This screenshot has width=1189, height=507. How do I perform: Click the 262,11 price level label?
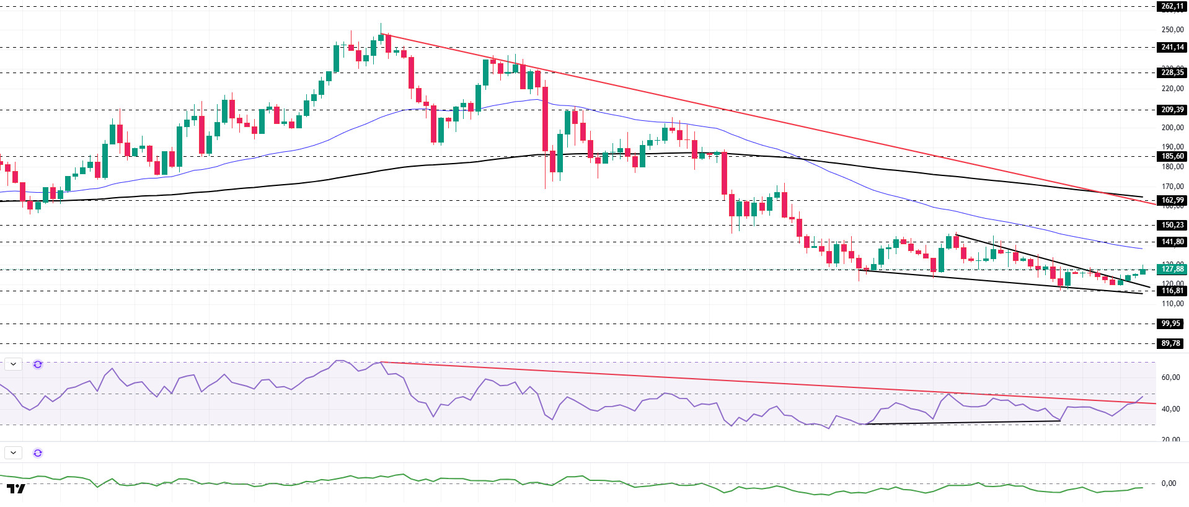pyautogui.click(x=1172, y=6)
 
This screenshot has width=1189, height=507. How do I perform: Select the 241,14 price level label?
pyautogui.click(x=1172, y=47)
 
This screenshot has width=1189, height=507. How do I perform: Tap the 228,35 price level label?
pyautogui.click(x=1172, y=73)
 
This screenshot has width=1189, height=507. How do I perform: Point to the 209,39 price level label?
pyautogui.click(x=1172, y=110)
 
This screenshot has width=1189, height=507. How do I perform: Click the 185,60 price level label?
pyautogui.click(x=1172, y=156)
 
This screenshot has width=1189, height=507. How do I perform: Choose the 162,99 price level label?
pyautogui.click(x=1172, y=200)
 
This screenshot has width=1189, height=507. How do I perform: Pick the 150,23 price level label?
pyautogui.click(x=1172, y=225)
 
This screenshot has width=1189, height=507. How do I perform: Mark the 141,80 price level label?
pyautogui.click(x=1172, y=242)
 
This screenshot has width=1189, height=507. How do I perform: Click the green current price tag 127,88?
pyautogui.click(x=1172, y=269)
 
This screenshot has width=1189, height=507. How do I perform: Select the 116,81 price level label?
pyautogui.click(x=1172, y=291)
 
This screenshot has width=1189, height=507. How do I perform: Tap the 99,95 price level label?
pyautogui.click(x=1170, y=324)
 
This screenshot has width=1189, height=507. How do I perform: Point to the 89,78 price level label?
pyautogui.click(x=1170, y=343)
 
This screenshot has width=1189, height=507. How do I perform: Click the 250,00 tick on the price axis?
pyautogui.click(x=1172, y=30)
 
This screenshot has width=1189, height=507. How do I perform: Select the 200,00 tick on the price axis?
pyautogui.click(x=1172, y=128)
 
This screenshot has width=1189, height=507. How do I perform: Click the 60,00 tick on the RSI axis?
pyautogui.click(x=1170, y=377)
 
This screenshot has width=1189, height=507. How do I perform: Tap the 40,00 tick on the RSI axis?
pyautogui.click(x=1170, y=409)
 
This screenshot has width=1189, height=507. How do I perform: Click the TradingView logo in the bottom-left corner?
pyautogui.click(x=16, y=489)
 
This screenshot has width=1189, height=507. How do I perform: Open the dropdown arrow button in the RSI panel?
pyautogui.click(x=13, y=364)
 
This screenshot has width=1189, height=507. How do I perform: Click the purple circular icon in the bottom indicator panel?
pyautogui.click(x=38, y=453)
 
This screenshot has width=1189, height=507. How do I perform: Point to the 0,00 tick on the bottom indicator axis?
pyautogui.click(x=1168, y=483)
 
